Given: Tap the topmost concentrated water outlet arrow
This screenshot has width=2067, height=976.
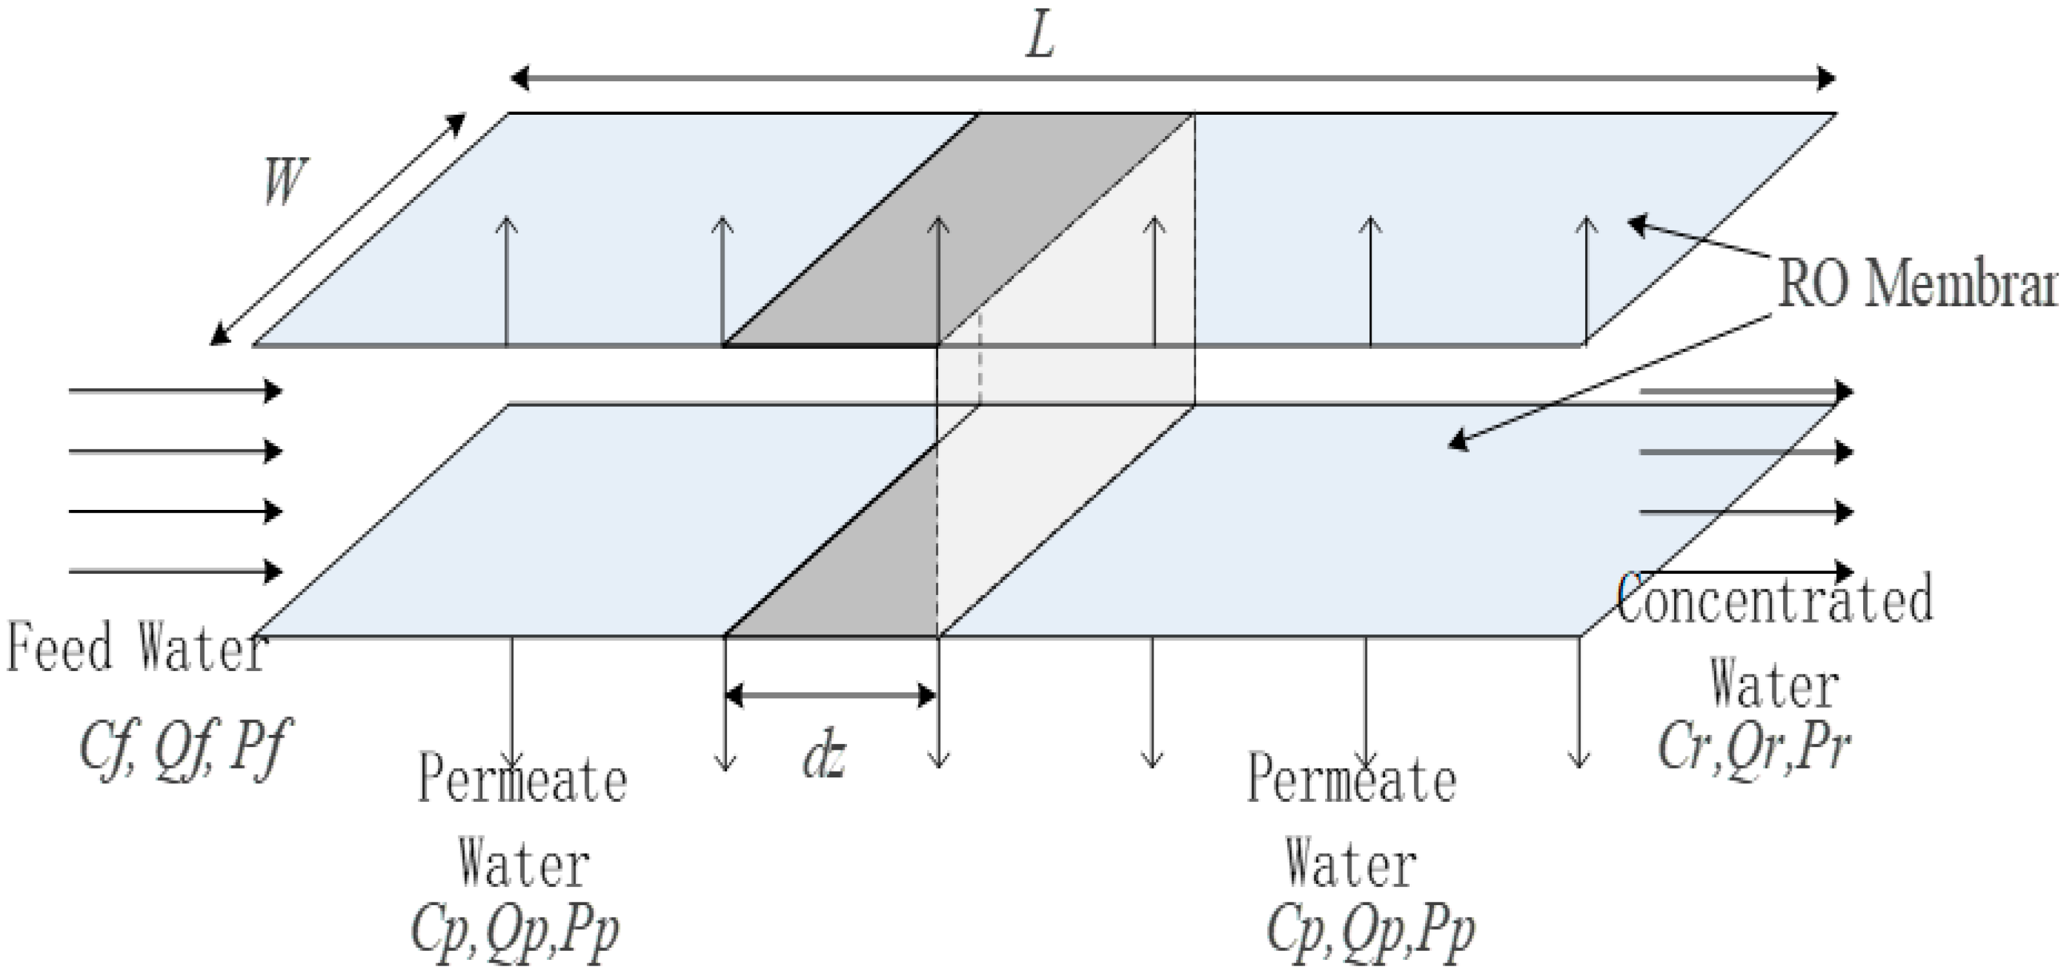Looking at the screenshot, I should [1745, 391].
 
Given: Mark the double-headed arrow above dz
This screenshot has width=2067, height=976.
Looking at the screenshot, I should [830, 694].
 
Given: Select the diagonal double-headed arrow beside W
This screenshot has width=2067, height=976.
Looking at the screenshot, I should [337, 229].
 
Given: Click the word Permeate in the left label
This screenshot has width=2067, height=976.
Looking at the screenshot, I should [521, 780].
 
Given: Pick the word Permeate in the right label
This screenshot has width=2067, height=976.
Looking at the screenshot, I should [1352, 780].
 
